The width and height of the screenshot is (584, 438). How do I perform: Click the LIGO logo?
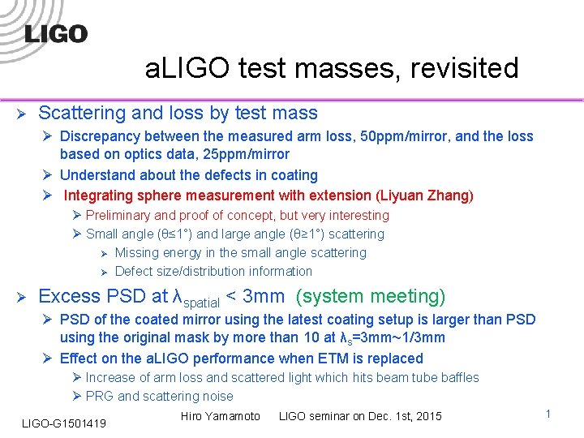tap(55, 33)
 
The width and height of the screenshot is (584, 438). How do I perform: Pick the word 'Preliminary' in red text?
tap(118, 216)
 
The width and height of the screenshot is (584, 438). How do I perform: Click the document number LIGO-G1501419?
tap(64, 423)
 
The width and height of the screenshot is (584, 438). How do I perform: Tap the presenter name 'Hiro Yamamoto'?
tap(221, 416)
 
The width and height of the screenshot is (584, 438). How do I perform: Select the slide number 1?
tap(548, 414)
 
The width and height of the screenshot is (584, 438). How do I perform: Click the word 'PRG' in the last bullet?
tap(100, 397)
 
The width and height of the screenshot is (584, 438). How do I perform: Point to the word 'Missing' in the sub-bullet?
tap(139, 253)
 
